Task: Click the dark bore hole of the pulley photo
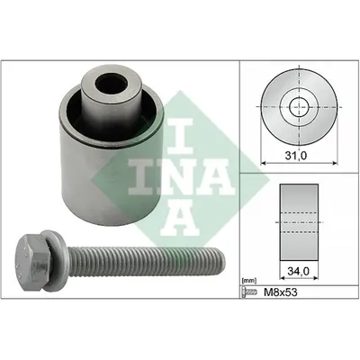111,84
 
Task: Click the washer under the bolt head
54,261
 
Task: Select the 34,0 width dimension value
299,271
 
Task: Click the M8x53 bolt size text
280,292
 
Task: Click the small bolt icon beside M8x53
250,292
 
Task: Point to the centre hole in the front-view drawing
299,107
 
